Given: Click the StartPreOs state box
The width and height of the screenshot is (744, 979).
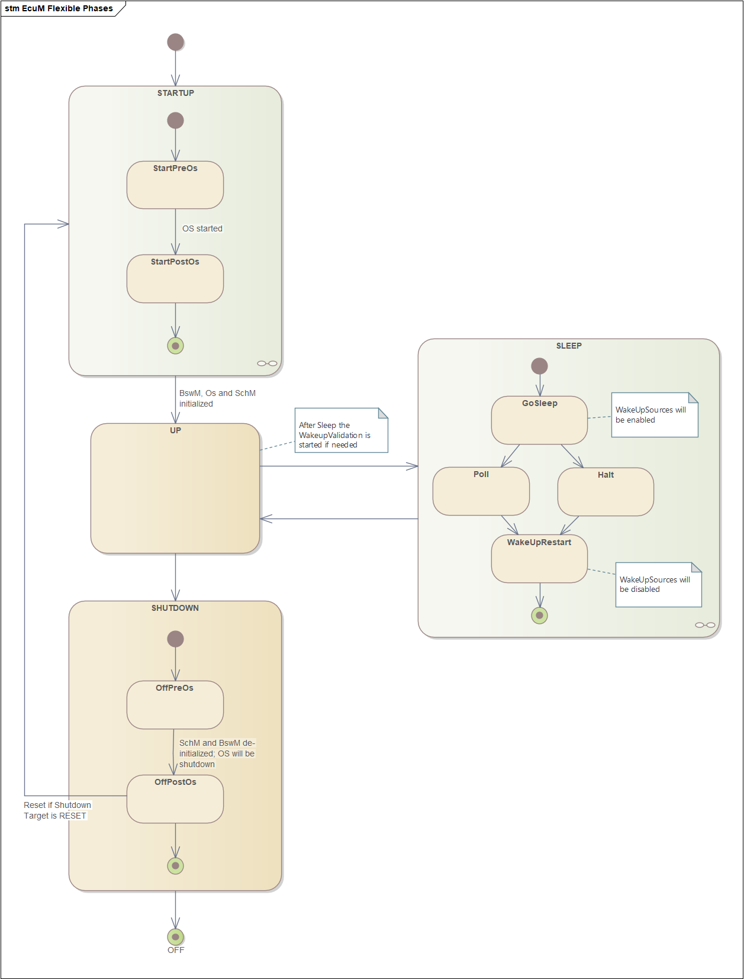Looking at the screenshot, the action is tap(175, 185).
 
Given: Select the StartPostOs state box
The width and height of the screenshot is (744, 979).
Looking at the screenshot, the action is tap(175, 278).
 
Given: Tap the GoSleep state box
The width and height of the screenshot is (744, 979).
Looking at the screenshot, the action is tap(539, 420).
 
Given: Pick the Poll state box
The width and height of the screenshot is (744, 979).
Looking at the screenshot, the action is tap(481, 491).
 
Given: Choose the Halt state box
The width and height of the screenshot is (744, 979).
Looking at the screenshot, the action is tap(605, 491).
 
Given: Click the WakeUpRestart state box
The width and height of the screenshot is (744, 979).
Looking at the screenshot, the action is tap(539, 558).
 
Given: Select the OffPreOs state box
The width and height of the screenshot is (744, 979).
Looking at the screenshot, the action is tap(175, 705).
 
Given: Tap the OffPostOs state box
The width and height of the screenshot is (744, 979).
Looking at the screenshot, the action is tap(175, 799).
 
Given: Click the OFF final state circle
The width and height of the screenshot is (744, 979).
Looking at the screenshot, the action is tap(175, 936).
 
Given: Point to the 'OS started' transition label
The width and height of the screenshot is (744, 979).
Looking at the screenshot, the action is tap(202, 228).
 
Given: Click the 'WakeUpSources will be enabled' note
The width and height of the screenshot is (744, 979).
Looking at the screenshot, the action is tap(655, 415).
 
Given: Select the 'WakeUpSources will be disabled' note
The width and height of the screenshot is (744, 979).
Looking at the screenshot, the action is tap(658, 584).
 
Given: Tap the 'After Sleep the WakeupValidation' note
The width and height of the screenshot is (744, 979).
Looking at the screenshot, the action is tap(342, 430).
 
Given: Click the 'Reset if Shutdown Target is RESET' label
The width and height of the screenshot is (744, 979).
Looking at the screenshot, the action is tap(57, 810).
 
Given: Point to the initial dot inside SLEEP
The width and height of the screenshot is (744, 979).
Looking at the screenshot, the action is tap(539, 366).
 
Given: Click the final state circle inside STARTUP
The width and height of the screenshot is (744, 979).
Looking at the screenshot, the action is tap(175, 346).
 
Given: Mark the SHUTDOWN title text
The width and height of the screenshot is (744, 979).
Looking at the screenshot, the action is tap(175, 608).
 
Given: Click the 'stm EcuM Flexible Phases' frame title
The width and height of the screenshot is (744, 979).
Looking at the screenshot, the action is tap(59, 8).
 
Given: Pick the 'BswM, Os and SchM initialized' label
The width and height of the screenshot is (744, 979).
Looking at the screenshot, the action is tap(217, 398).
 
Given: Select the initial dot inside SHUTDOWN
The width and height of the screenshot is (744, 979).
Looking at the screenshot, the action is tap(175, 639).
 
